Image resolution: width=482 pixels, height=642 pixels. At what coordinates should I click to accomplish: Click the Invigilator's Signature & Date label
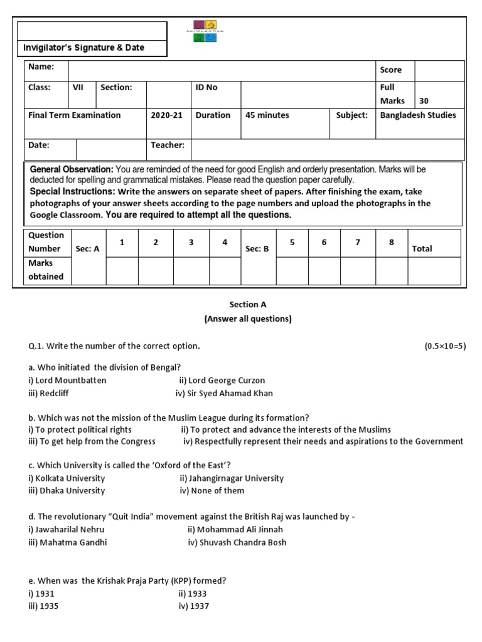tap(83, 48)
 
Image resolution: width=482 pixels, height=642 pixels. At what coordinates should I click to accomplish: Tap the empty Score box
tap(439, 70)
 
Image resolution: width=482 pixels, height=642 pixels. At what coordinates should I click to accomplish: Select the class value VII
tap(78, 88)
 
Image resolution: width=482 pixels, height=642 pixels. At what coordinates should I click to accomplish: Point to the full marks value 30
tap(424, 101)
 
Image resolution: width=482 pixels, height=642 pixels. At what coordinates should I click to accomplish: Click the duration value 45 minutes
tap(267, 115)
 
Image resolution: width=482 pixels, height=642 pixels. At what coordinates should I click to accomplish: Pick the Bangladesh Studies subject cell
tap(418, 115)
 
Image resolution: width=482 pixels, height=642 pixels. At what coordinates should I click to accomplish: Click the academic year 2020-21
tap(164, 115)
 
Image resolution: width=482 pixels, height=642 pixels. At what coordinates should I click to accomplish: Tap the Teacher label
tap(168, 145)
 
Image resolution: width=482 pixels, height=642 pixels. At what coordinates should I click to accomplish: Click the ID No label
tap(206, 88)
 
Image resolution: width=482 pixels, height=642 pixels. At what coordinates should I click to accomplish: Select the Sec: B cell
tap(257, 249)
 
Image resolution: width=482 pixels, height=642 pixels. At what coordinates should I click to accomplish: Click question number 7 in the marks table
tap(357, 242)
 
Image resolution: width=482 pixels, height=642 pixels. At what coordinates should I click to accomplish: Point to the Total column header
tap(422, 249)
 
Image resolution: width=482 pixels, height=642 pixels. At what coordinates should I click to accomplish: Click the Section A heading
tap(248, 305)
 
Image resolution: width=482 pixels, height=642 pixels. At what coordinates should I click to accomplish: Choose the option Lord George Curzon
tap(222, 381)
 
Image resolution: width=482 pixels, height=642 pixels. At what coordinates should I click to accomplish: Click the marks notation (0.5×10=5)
tap(446, 346)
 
